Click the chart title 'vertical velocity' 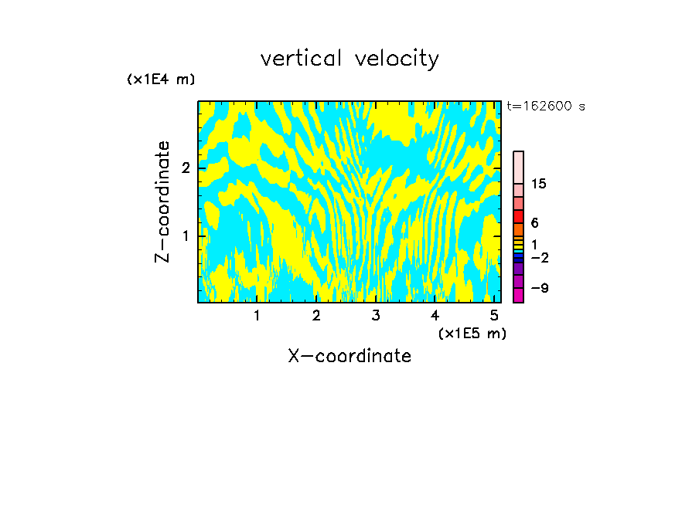(x=349, y=59)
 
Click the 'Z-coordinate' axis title (x=162, y=202)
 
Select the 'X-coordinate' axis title (x=349, y=356)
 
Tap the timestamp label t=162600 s (x=545, y=106)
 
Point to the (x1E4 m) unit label (x=161, y=80)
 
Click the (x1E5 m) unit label (x=472, y=333)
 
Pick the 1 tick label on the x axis (x=257, y=315)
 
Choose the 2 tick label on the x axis (x=316, y=315)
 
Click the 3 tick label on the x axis (x=376, y=315)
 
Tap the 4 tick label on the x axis (x=435, y=315)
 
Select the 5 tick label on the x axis (x=494, y=315)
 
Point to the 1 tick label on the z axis (x=186, y=235)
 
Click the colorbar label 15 (x=539, y=184)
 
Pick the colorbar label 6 (x=534, y=222)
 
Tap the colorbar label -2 (x=539, y=257)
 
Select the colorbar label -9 (x=539, y=288)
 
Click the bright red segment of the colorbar (x=519, y=217)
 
